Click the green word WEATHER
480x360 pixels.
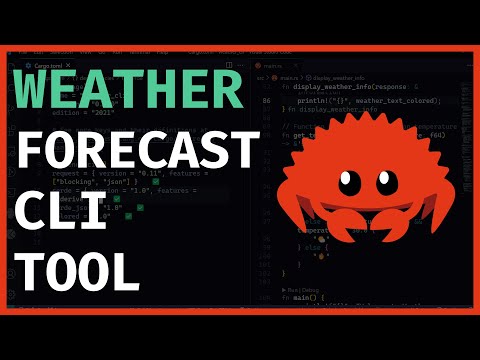click(x=128, y=91)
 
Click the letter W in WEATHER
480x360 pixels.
click(x=39, y=91)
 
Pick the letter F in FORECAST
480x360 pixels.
click(x=34, y=150)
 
